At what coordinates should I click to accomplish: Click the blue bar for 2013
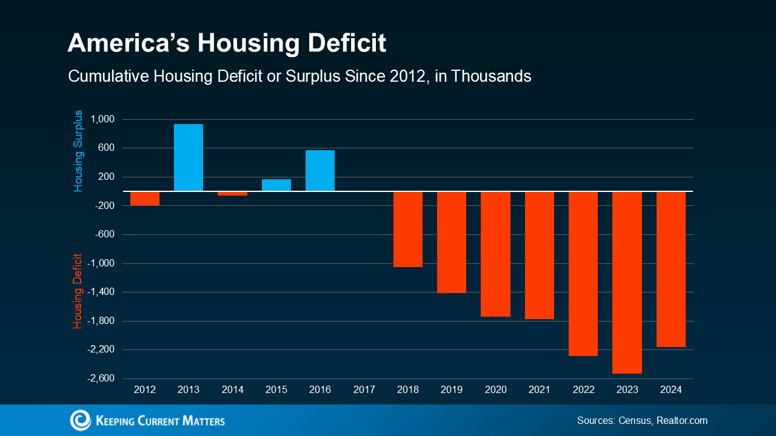tap(189, 157)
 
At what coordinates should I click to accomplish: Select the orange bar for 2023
tap(627, 282)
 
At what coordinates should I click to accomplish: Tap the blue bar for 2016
tap(320, 170)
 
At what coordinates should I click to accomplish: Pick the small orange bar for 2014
tap(232, 194)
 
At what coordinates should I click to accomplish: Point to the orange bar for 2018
tap(408, 229)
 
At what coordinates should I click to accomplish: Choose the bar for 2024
tap(671, 269)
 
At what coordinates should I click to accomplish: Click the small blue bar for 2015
tap(276, 185)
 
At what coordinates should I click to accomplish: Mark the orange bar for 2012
tap(145, 199)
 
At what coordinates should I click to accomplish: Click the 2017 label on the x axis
tap(364, 390)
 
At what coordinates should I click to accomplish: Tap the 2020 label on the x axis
tap(496, 390)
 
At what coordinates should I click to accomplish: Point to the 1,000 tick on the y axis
tap(102, 119)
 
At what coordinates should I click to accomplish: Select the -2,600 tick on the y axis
tap(101, 378)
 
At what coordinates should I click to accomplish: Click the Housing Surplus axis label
tap(78, 151)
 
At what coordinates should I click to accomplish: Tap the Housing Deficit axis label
tap(78, 291)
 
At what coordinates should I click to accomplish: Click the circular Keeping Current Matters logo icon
tap(81, 420)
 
